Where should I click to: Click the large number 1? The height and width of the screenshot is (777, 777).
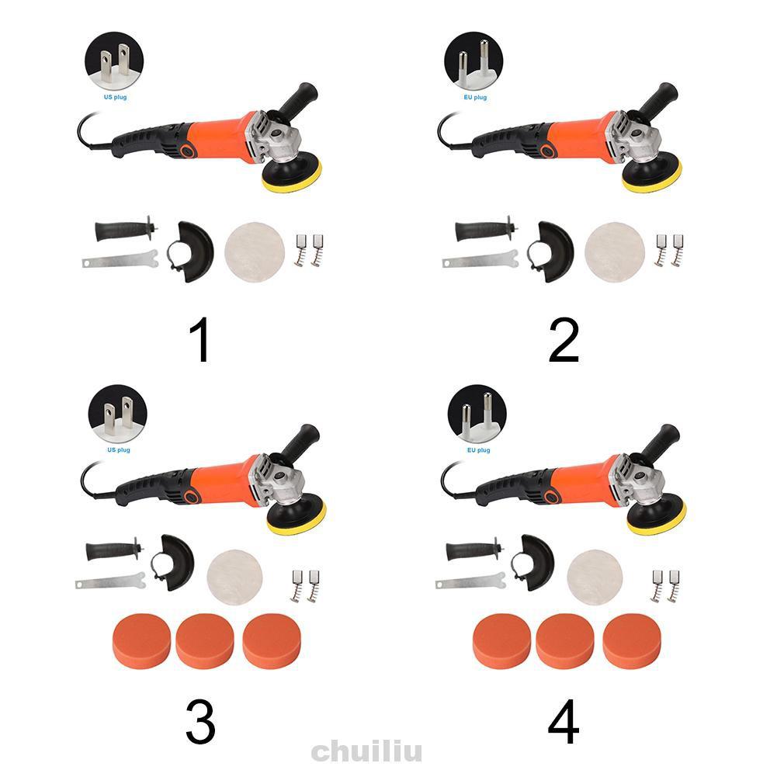point(201,340)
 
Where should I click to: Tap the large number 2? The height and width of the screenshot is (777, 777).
point(564,340)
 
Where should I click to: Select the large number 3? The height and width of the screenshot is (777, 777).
point(201,721)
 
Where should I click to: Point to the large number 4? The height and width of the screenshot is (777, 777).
point(564,721)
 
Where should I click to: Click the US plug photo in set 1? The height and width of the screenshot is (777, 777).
point(114,61)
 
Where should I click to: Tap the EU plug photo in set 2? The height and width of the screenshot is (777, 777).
point(473,61)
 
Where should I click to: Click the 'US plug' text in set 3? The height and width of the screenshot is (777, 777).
point(119,450)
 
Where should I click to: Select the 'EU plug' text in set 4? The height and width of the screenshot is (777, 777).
point(478,450)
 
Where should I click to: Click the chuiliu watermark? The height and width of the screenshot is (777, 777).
point(366,751)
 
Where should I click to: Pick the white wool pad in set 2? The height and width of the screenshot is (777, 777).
point(615,252)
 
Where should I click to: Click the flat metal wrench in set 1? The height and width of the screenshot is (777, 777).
point(120,259)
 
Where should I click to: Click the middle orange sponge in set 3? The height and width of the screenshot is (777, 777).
point(205,642)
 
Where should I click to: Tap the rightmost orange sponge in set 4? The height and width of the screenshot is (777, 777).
point(632,642)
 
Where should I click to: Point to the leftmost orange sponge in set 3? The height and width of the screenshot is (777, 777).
point(142,642)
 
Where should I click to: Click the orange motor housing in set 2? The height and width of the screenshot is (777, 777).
point(577,137)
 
